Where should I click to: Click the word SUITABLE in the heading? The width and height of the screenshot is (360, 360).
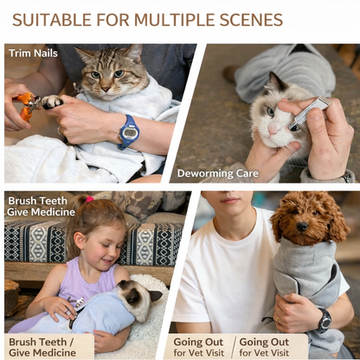point(50,20)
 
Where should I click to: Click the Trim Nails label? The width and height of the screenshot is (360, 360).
point(33,53)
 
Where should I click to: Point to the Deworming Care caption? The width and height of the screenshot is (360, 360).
point(218,173)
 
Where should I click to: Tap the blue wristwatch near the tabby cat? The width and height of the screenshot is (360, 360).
point(129,132)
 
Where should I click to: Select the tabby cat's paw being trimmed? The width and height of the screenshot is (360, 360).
point(53,102)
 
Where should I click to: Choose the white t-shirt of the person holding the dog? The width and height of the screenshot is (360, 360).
point(229,277)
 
